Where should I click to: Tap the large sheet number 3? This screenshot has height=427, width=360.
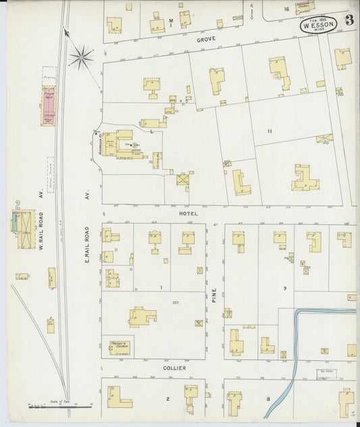349,20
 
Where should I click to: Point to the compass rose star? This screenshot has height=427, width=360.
81,57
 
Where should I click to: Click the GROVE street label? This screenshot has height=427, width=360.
206,40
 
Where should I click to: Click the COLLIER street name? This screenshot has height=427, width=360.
174,368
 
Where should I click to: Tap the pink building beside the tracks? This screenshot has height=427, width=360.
49,106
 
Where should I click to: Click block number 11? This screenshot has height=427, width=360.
269,130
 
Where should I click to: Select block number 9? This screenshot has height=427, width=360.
285,288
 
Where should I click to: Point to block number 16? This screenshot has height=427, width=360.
286,9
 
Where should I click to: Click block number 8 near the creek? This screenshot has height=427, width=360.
268,399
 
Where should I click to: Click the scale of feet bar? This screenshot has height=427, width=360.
61,406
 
